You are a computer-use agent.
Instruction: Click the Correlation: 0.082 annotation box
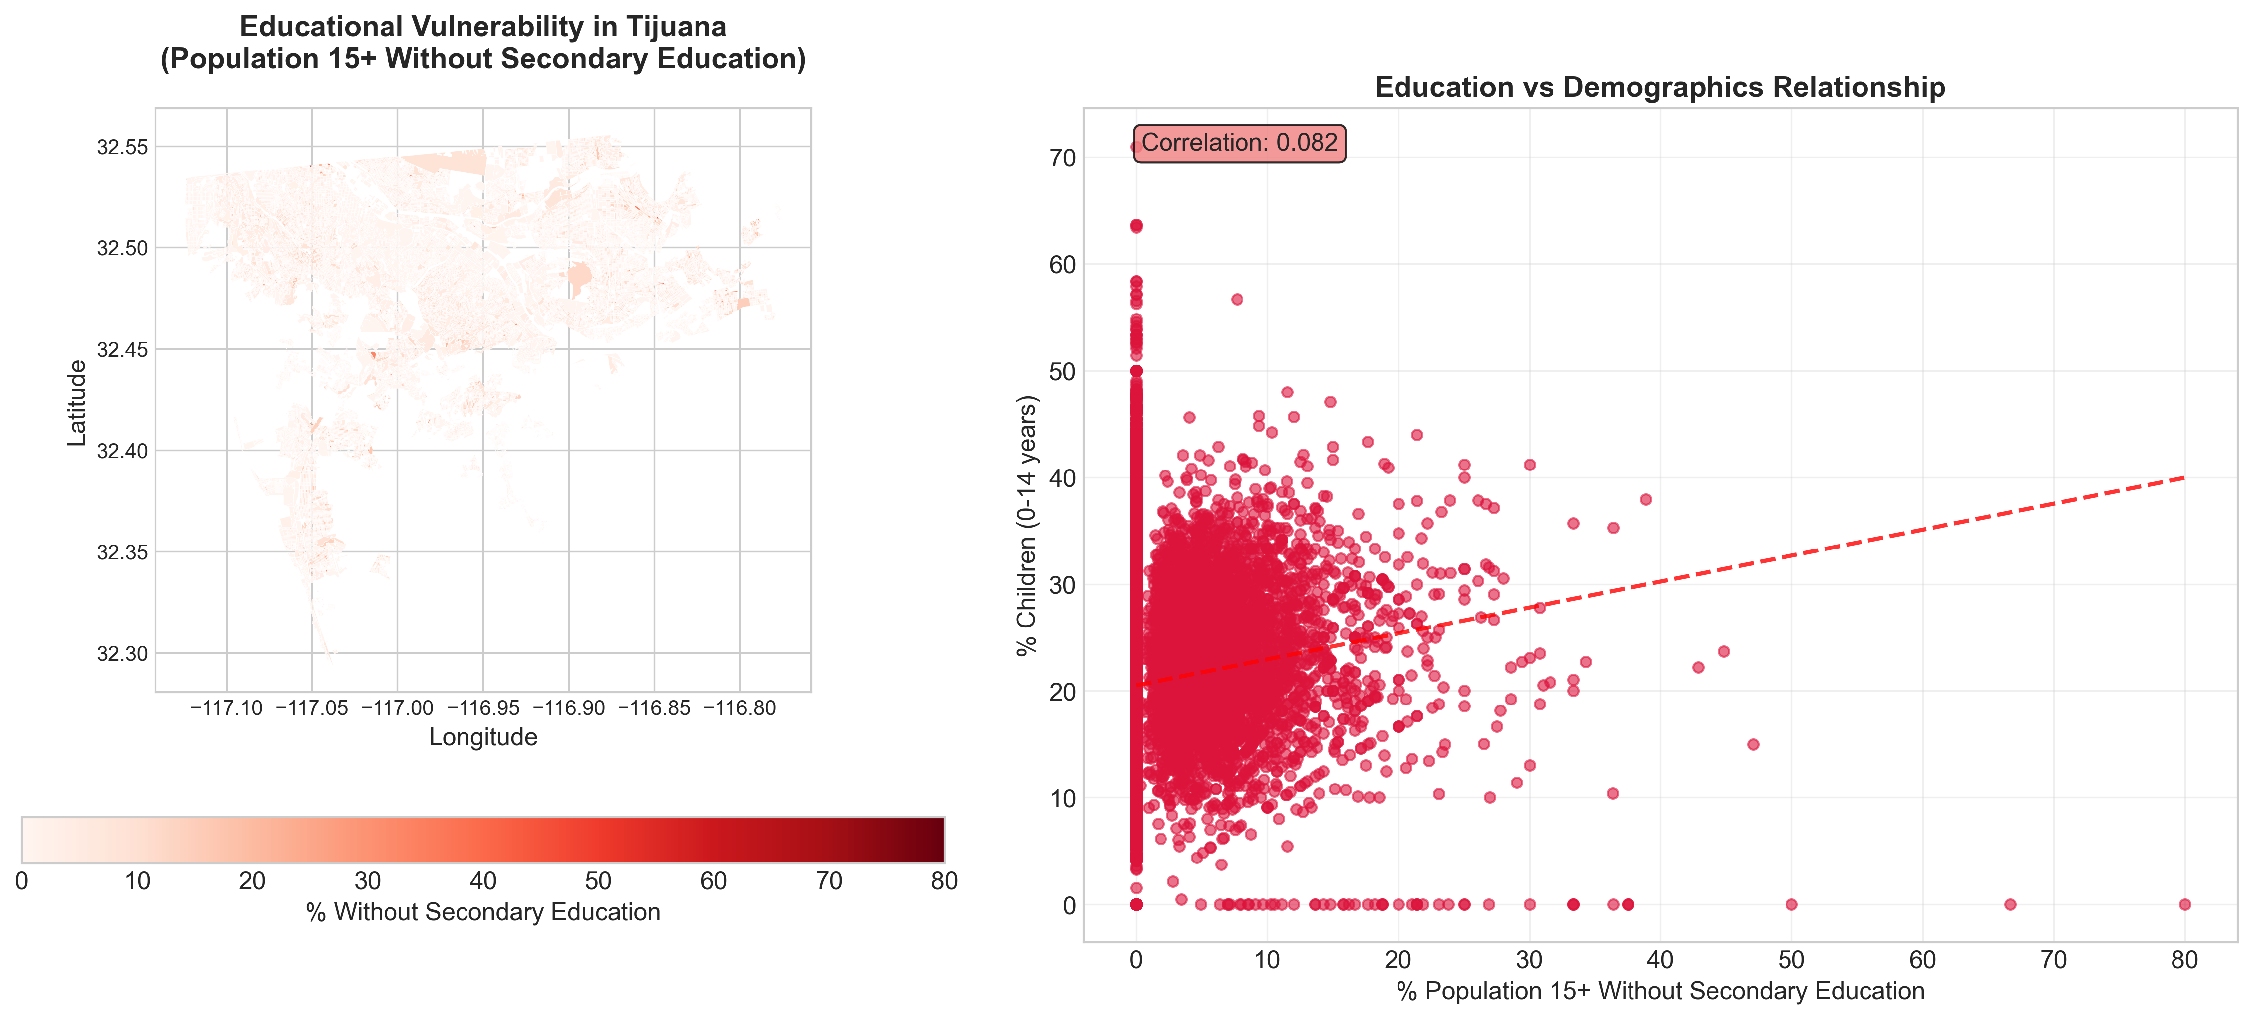point(1239,143)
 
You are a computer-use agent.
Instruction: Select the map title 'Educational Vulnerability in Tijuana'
point(482,27)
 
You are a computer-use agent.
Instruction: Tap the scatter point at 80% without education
point(2184,905)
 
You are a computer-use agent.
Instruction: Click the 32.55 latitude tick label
point(122,147)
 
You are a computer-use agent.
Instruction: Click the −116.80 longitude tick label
point(740,708)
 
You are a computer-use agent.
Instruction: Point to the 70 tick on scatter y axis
point(1062,158)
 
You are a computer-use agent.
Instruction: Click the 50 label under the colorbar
point(598,881)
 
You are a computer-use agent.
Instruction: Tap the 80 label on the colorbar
point(943,881)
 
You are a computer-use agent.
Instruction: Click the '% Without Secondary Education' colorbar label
point(482,912)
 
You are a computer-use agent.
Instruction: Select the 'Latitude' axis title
point(77,403)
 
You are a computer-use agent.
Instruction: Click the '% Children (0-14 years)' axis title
point(1026,525)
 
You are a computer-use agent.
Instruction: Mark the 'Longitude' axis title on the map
point(482,738)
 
